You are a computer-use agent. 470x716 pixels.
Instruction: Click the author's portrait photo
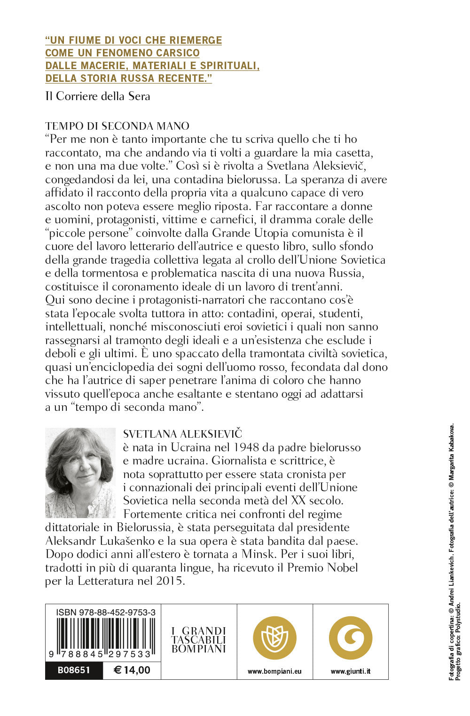pyautogui.click(x=80, y=472)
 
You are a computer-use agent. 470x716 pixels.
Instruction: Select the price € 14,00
pyautogui.click(x=132, y=670)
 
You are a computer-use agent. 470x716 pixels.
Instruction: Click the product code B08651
pyautogui.click(x=74, y=670)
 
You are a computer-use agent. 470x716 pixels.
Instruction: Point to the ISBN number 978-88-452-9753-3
pyautogui.click(x=106, y=612)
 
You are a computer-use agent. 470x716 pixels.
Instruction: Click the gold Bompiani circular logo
pyautogui.click(x=274, y=638)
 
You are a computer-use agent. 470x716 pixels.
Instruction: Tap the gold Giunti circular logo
pyautogui.click(x=350, y=638)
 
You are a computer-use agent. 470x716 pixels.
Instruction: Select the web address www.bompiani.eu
pyautogui.click(x=274, y=671)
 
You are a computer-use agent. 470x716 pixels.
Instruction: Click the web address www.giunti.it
pyautogui.click(x=350, y=671)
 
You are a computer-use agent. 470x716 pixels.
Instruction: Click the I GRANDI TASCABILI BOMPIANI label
pyautogui.click(x=199, y=640)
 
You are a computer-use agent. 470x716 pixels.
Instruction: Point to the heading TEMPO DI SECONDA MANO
pyautogui.click(x=117, y=126)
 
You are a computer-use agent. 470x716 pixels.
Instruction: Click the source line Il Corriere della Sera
pyautogui.click(x=98, y=96)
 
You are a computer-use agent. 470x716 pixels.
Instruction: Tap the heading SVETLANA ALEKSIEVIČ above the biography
pyautogui.click(x=182, y=433)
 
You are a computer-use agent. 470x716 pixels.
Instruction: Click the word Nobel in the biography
pyautogui.click(x=343, y=567)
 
